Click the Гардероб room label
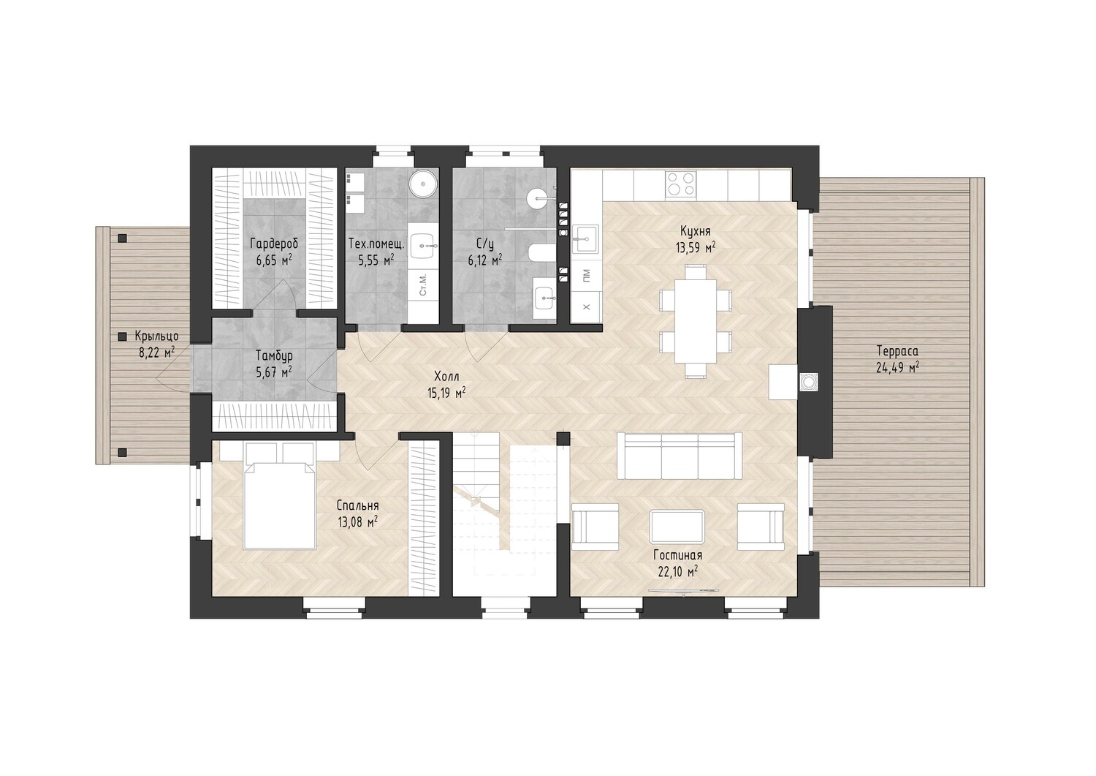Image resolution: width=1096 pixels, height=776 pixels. (274, 244)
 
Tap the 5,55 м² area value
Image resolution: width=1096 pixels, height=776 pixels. (376, 260)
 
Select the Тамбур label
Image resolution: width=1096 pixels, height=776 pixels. (274, 355)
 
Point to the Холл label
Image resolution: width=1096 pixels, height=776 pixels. (446, 376)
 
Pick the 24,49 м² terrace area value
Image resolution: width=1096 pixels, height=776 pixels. (897, 367)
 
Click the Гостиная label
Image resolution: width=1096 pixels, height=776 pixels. (678, 555)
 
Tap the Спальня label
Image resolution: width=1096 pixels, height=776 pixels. (358, 505)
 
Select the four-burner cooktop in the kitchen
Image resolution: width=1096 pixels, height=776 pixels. (680, 184)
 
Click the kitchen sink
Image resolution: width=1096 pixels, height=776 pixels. (585, 239)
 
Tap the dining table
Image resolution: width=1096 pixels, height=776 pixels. (696, 321)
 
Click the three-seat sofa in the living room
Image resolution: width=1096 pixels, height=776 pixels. (679, 455)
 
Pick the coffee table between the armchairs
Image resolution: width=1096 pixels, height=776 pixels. (677, 526)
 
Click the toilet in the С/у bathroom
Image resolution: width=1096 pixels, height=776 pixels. (541, 252)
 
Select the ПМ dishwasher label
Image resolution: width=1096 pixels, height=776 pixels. (586, 276)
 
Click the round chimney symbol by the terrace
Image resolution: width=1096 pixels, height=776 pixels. (808, 380)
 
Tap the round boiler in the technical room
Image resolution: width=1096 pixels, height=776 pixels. (422, 184)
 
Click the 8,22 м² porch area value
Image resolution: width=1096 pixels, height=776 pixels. (157, 353)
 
